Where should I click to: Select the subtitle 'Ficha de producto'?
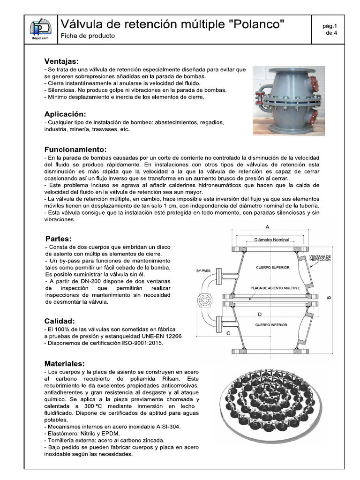point(88,36)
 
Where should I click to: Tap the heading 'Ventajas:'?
point(61,61)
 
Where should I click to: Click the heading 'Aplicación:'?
point(65,114)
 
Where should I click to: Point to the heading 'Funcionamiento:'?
point(75,150)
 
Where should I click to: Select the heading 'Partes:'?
point(59,238)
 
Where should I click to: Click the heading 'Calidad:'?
point(60,321)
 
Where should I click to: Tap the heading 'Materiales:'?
point(65,363)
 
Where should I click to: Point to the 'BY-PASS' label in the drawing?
point(204,270)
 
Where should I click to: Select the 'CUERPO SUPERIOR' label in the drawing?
point(272,267)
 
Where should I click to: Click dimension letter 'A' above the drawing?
point(267,226)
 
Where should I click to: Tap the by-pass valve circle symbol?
point(204,299)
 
